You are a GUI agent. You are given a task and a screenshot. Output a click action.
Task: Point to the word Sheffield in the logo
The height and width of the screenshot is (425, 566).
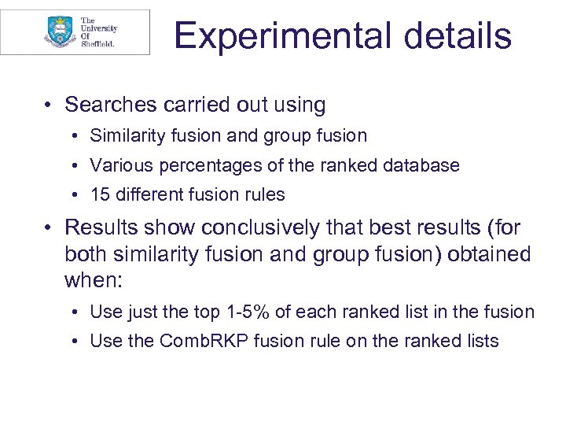(x=97, y=44)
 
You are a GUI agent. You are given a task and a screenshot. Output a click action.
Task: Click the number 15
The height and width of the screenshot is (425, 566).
(x=100, y=194)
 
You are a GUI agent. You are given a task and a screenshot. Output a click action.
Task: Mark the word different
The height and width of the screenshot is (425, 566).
(x=150, y=194)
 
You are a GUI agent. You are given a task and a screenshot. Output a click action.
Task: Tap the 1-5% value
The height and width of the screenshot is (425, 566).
(x=246, y=312)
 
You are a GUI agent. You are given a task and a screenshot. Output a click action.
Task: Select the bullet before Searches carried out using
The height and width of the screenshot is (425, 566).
(x=50, y=105)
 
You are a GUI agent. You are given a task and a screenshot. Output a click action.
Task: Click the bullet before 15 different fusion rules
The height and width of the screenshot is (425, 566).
(x=75, y=194)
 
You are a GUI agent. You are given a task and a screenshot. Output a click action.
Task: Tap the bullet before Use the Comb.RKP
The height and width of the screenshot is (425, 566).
(x=75, y=341)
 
